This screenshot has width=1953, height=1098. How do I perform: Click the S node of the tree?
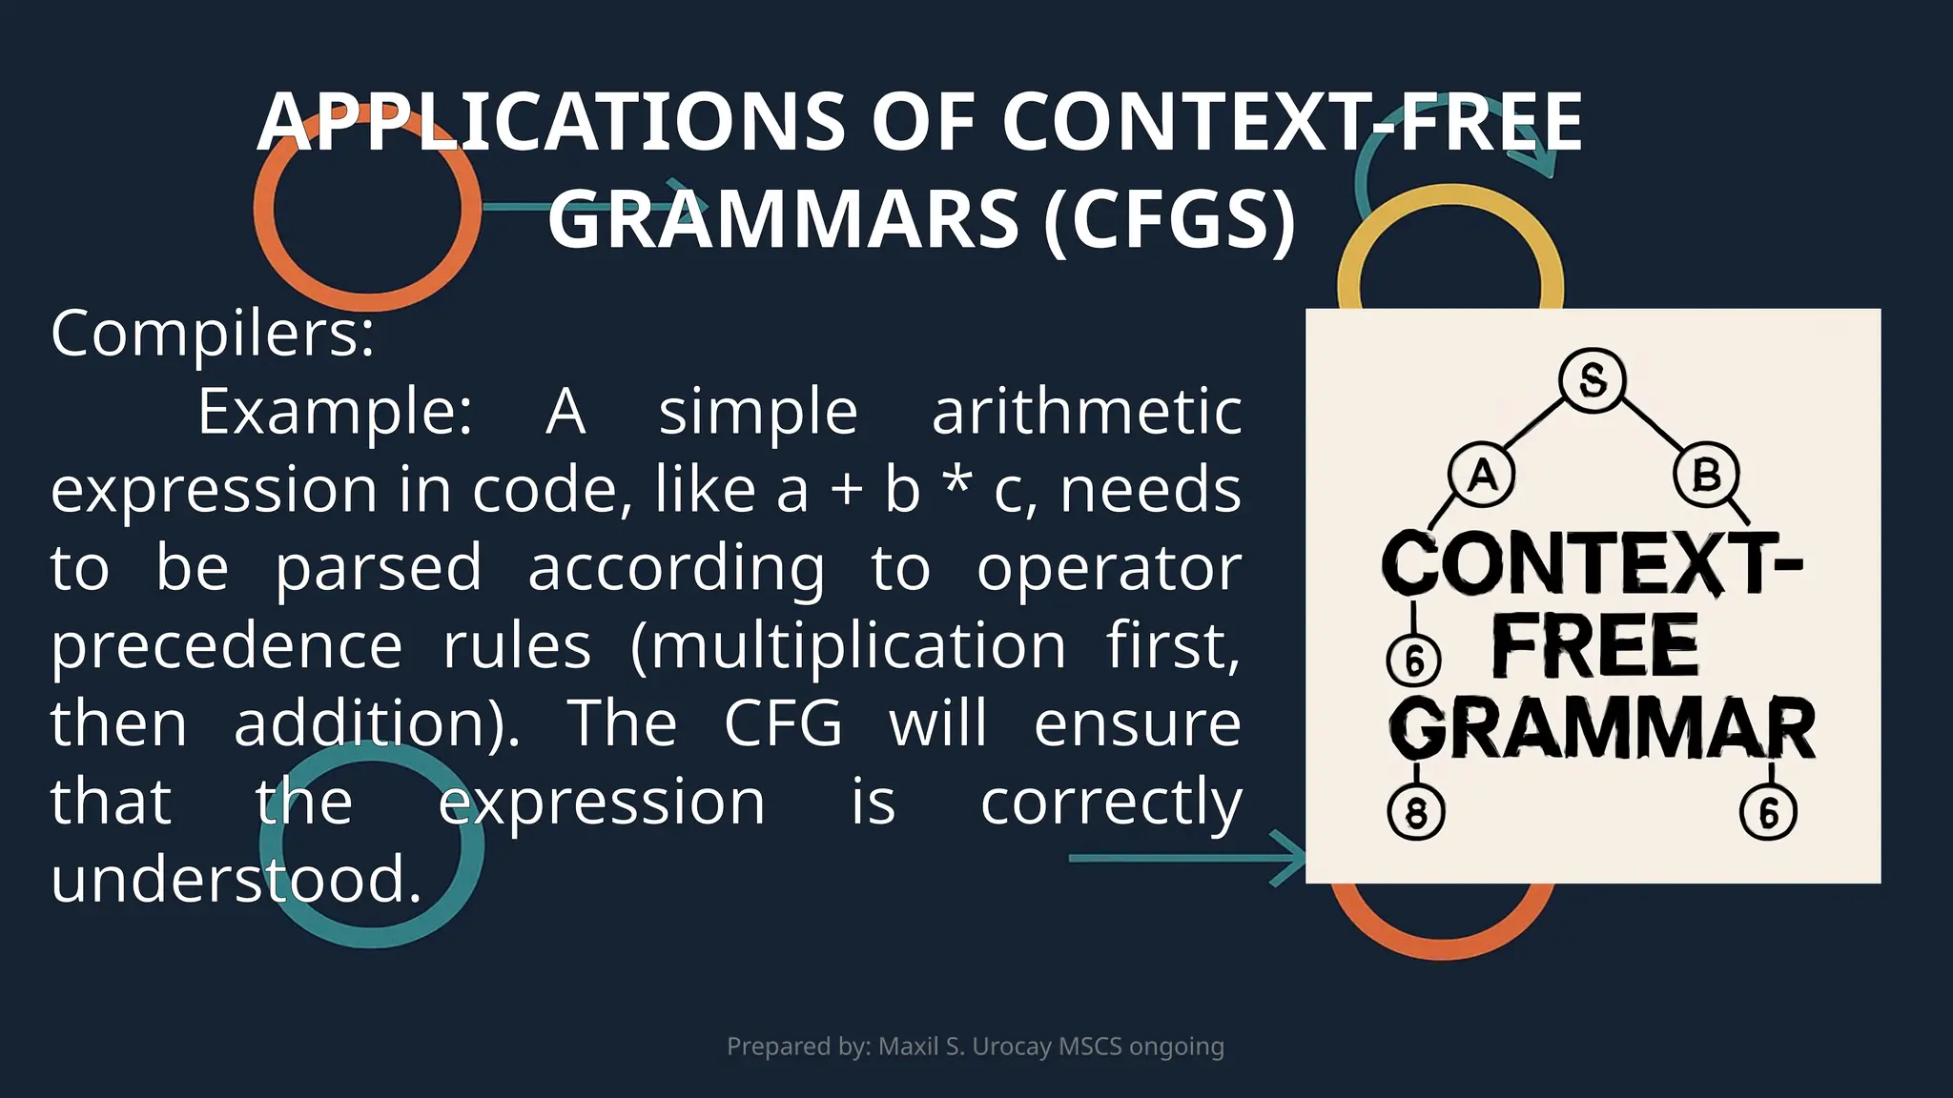pos(1592,380)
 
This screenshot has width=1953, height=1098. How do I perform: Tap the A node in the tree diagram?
pos(1482,474)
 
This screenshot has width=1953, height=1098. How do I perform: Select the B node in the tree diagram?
pos(1706,474)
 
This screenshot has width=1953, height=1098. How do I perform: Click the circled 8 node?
pos(1416,813)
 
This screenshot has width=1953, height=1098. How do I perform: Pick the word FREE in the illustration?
pos(1594,646)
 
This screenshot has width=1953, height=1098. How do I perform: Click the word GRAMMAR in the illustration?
pos(1602,729)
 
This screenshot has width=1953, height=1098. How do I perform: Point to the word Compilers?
pos(213,334)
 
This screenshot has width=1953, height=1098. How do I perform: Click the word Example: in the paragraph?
pos(335,412)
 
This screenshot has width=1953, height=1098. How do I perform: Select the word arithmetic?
pos(1086,412)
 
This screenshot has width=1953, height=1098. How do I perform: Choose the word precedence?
pos(227,646)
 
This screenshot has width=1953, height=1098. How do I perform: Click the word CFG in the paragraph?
pos(783,723)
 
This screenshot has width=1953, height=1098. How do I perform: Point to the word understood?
pos(236,879)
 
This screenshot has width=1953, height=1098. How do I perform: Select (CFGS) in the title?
pos(1169,219)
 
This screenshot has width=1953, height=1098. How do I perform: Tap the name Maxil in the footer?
pos(908,1047)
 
